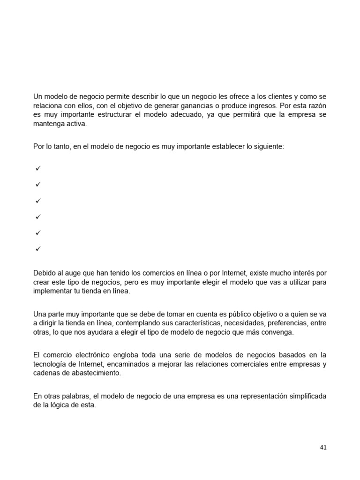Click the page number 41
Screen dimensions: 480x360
pos(323,447)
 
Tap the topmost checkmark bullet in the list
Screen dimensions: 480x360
pos(38,168)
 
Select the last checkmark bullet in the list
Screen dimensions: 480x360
pos(38,248)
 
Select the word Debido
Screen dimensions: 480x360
pos(45,273)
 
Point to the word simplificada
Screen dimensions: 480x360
pos(305,396)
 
